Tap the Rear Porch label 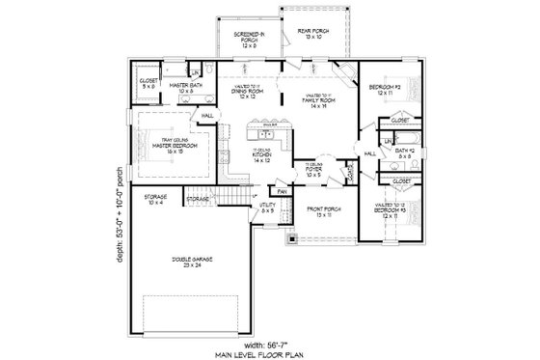[312, 34]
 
